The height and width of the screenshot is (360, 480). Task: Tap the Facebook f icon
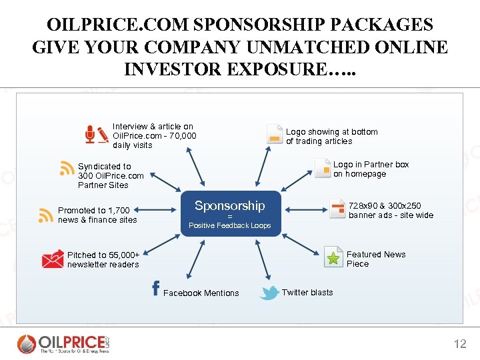pos(155,288)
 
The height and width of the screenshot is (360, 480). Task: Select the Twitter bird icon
pos(269,293)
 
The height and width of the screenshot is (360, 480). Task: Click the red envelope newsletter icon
pos(53,259)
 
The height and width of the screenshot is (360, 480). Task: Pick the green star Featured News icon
pos(333,257)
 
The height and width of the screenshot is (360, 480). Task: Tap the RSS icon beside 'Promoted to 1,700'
pos(46,215)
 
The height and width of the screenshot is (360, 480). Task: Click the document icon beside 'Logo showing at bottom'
pos(273,134)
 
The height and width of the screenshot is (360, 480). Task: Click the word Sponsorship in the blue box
pos(229,206)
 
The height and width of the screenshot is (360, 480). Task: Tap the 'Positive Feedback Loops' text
pos(229,225)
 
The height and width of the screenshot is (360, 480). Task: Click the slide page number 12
pos(460,344)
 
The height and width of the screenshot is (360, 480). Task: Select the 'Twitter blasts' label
pos(307,293)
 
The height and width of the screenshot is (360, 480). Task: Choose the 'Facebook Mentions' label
pos(201,293)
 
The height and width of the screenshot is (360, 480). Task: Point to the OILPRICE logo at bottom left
pos(63,343)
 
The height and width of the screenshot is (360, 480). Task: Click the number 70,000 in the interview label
pos(183,136)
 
